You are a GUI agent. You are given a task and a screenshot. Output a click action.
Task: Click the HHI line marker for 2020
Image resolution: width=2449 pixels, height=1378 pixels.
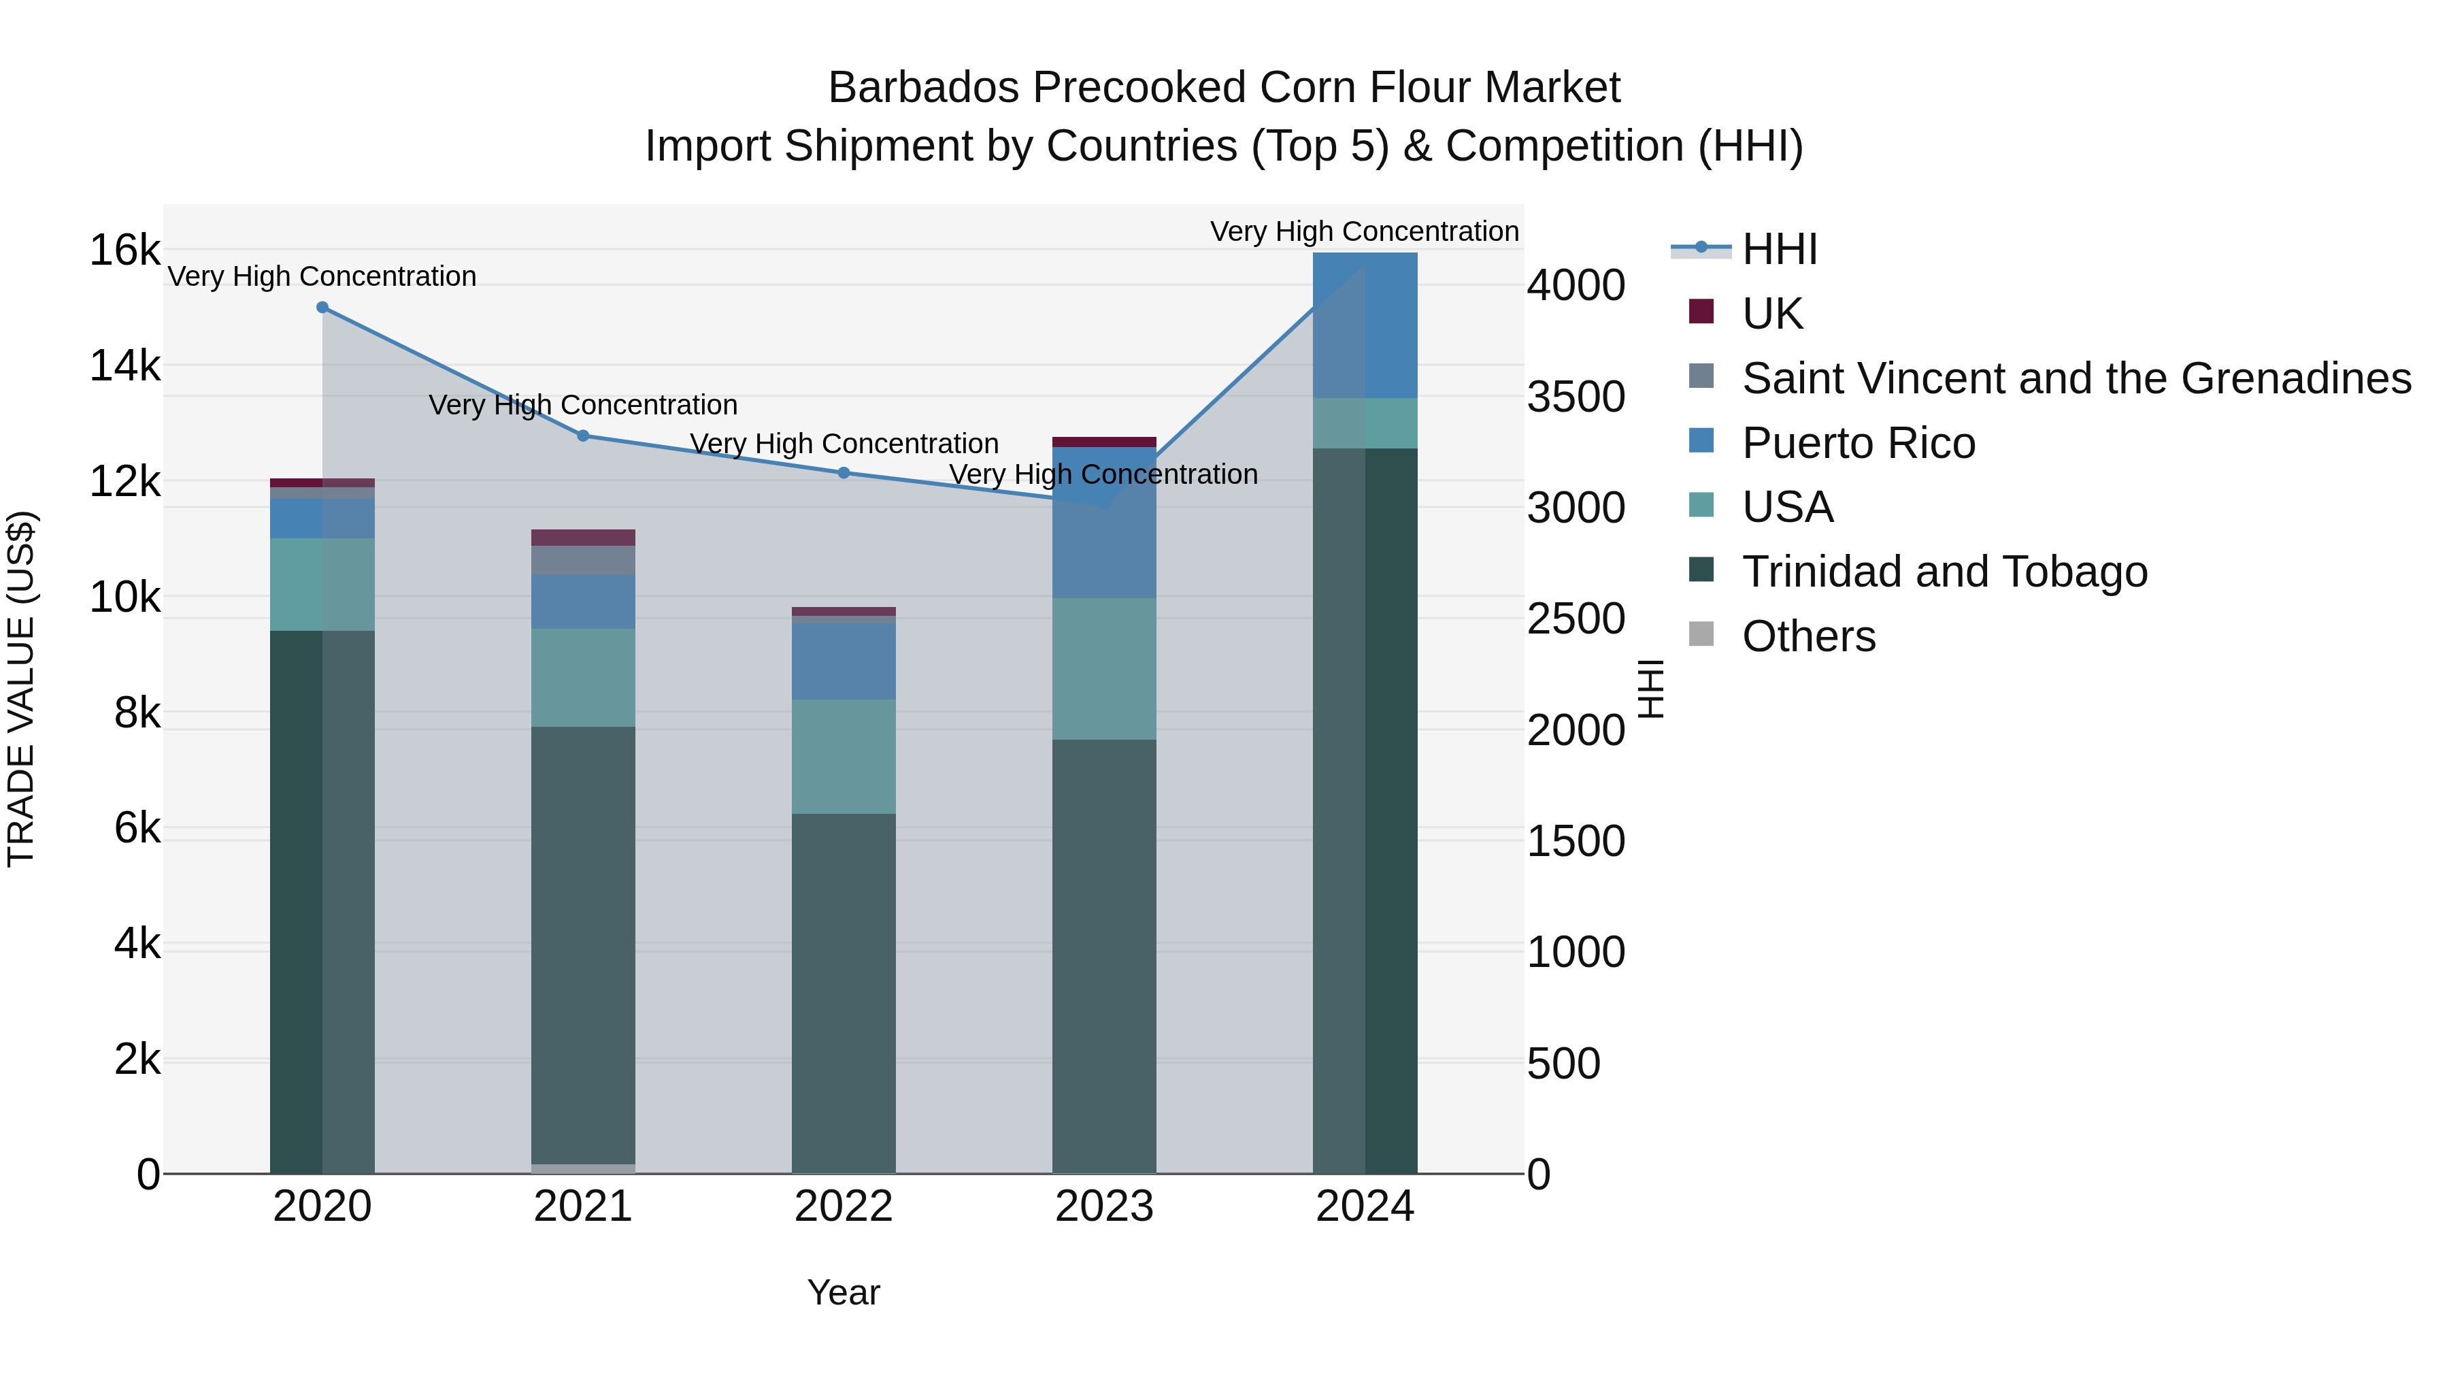pos(322,307)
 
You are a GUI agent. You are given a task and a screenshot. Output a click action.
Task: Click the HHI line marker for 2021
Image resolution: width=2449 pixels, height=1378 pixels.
pos(583,436)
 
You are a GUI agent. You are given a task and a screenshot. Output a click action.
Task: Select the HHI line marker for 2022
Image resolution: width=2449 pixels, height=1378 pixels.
pos(844,473)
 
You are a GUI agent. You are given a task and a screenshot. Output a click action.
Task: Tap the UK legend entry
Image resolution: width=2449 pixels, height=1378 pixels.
pos(1771,313)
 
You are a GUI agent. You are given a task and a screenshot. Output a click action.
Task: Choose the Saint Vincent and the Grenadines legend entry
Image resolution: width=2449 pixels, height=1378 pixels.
pos(2076,378)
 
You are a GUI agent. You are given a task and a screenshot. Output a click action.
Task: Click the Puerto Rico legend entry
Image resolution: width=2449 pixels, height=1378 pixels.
pos(1858,442)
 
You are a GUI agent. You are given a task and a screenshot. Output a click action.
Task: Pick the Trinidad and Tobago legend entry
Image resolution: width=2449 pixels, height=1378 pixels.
pos(1944,572)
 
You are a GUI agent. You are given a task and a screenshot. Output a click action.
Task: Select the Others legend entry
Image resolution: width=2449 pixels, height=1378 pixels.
pos(1808,636)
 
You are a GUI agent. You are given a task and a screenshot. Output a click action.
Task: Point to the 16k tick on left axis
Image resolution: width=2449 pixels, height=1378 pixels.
pos(124,250)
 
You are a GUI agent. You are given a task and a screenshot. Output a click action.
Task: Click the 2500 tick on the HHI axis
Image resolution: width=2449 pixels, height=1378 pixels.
pos(1576,619)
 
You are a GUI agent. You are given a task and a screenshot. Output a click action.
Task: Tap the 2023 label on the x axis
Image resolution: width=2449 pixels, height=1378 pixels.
pos(1104,1207)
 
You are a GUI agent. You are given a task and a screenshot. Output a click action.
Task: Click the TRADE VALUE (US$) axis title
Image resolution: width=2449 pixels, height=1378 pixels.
pos(21,689)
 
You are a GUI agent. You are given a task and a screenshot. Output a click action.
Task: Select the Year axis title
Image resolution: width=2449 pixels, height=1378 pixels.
pos(844,1292)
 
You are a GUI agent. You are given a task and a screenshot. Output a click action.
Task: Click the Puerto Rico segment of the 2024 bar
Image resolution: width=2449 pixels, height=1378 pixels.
pos(1365,325)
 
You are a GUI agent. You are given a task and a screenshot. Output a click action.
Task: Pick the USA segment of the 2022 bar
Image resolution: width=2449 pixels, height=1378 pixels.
pos(844,756)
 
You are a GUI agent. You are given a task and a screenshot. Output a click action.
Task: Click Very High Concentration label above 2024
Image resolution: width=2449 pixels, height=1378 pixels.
pos(1363,231)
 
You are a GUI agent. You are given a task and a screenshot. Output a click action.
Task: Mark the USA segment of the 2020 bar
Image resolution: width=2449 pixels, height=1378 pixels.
pos(322,584)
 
